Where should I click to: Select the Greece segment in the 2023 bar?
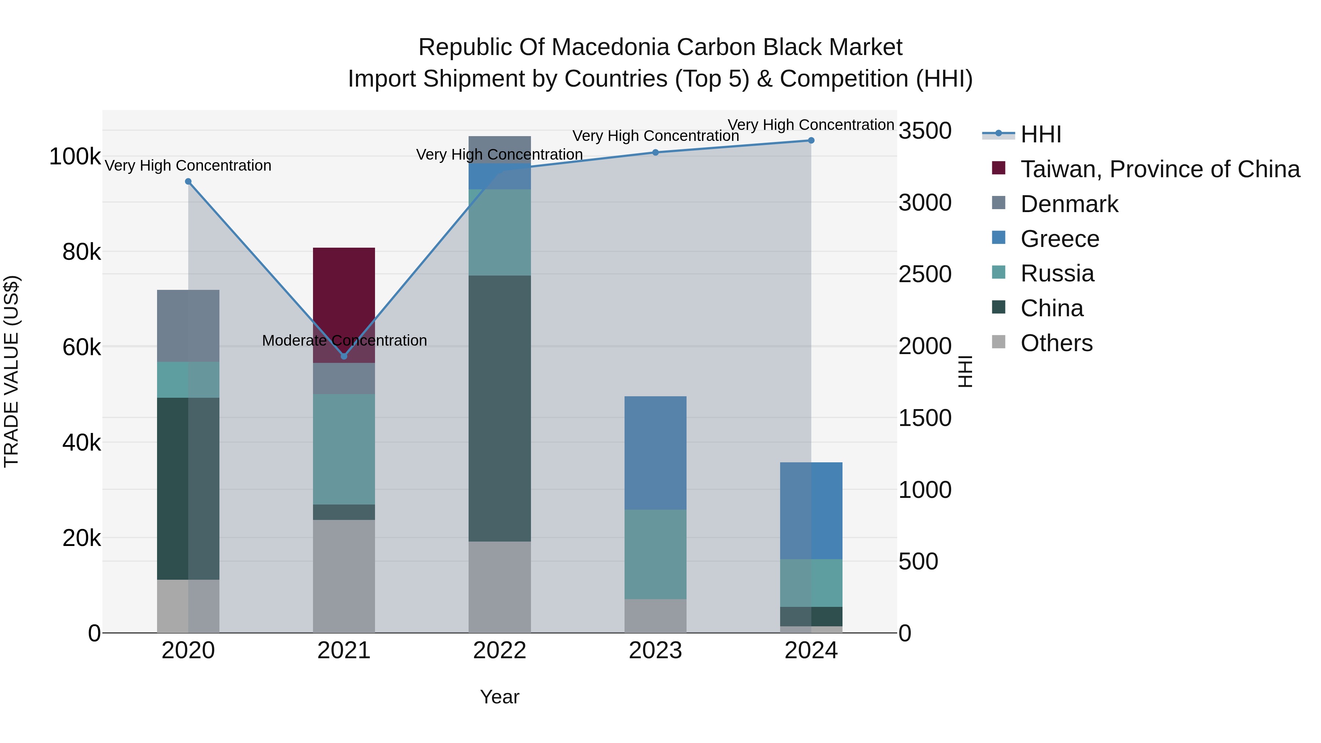tap(655, 452)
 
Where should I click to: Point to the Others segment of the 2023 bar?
tap(655, 615)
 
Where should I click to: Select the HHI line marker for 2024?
tap(811, 141)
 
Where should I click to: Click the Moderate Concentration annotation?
tap(344, 340)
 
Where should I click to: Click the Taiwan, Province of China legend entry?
tap(1160, 169)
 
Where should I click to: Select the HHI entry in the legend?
tap(1041, 134)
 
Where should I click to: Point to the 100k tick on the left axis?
tap(75, 156)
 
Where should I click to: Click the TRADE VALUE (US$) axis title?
tap(11, 371)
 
